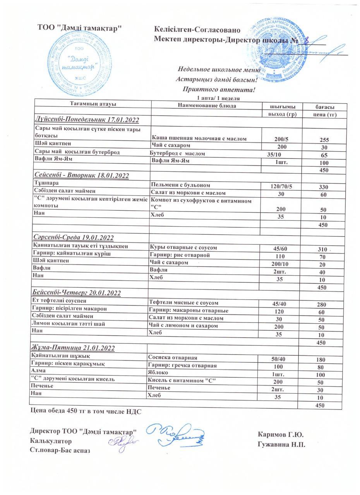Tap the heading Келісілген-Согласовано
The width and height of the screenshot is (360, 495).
click(197, 30)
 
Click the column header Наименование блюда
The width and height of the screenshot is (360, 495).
click(207, 106)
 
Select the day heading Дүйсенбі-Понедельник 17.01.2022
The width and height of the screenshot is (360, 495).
click(87, 120)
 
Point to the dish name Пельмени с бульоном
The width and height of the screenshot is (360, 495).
click(180, 185)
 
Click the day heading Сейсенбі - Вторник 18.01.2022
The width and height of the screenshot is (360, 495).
click(82, 175)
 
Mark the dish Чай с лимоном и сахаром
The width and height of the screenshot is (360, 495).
click(183, 326)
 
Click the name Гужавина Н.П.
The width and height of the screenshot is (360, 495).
click(281, 444)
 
